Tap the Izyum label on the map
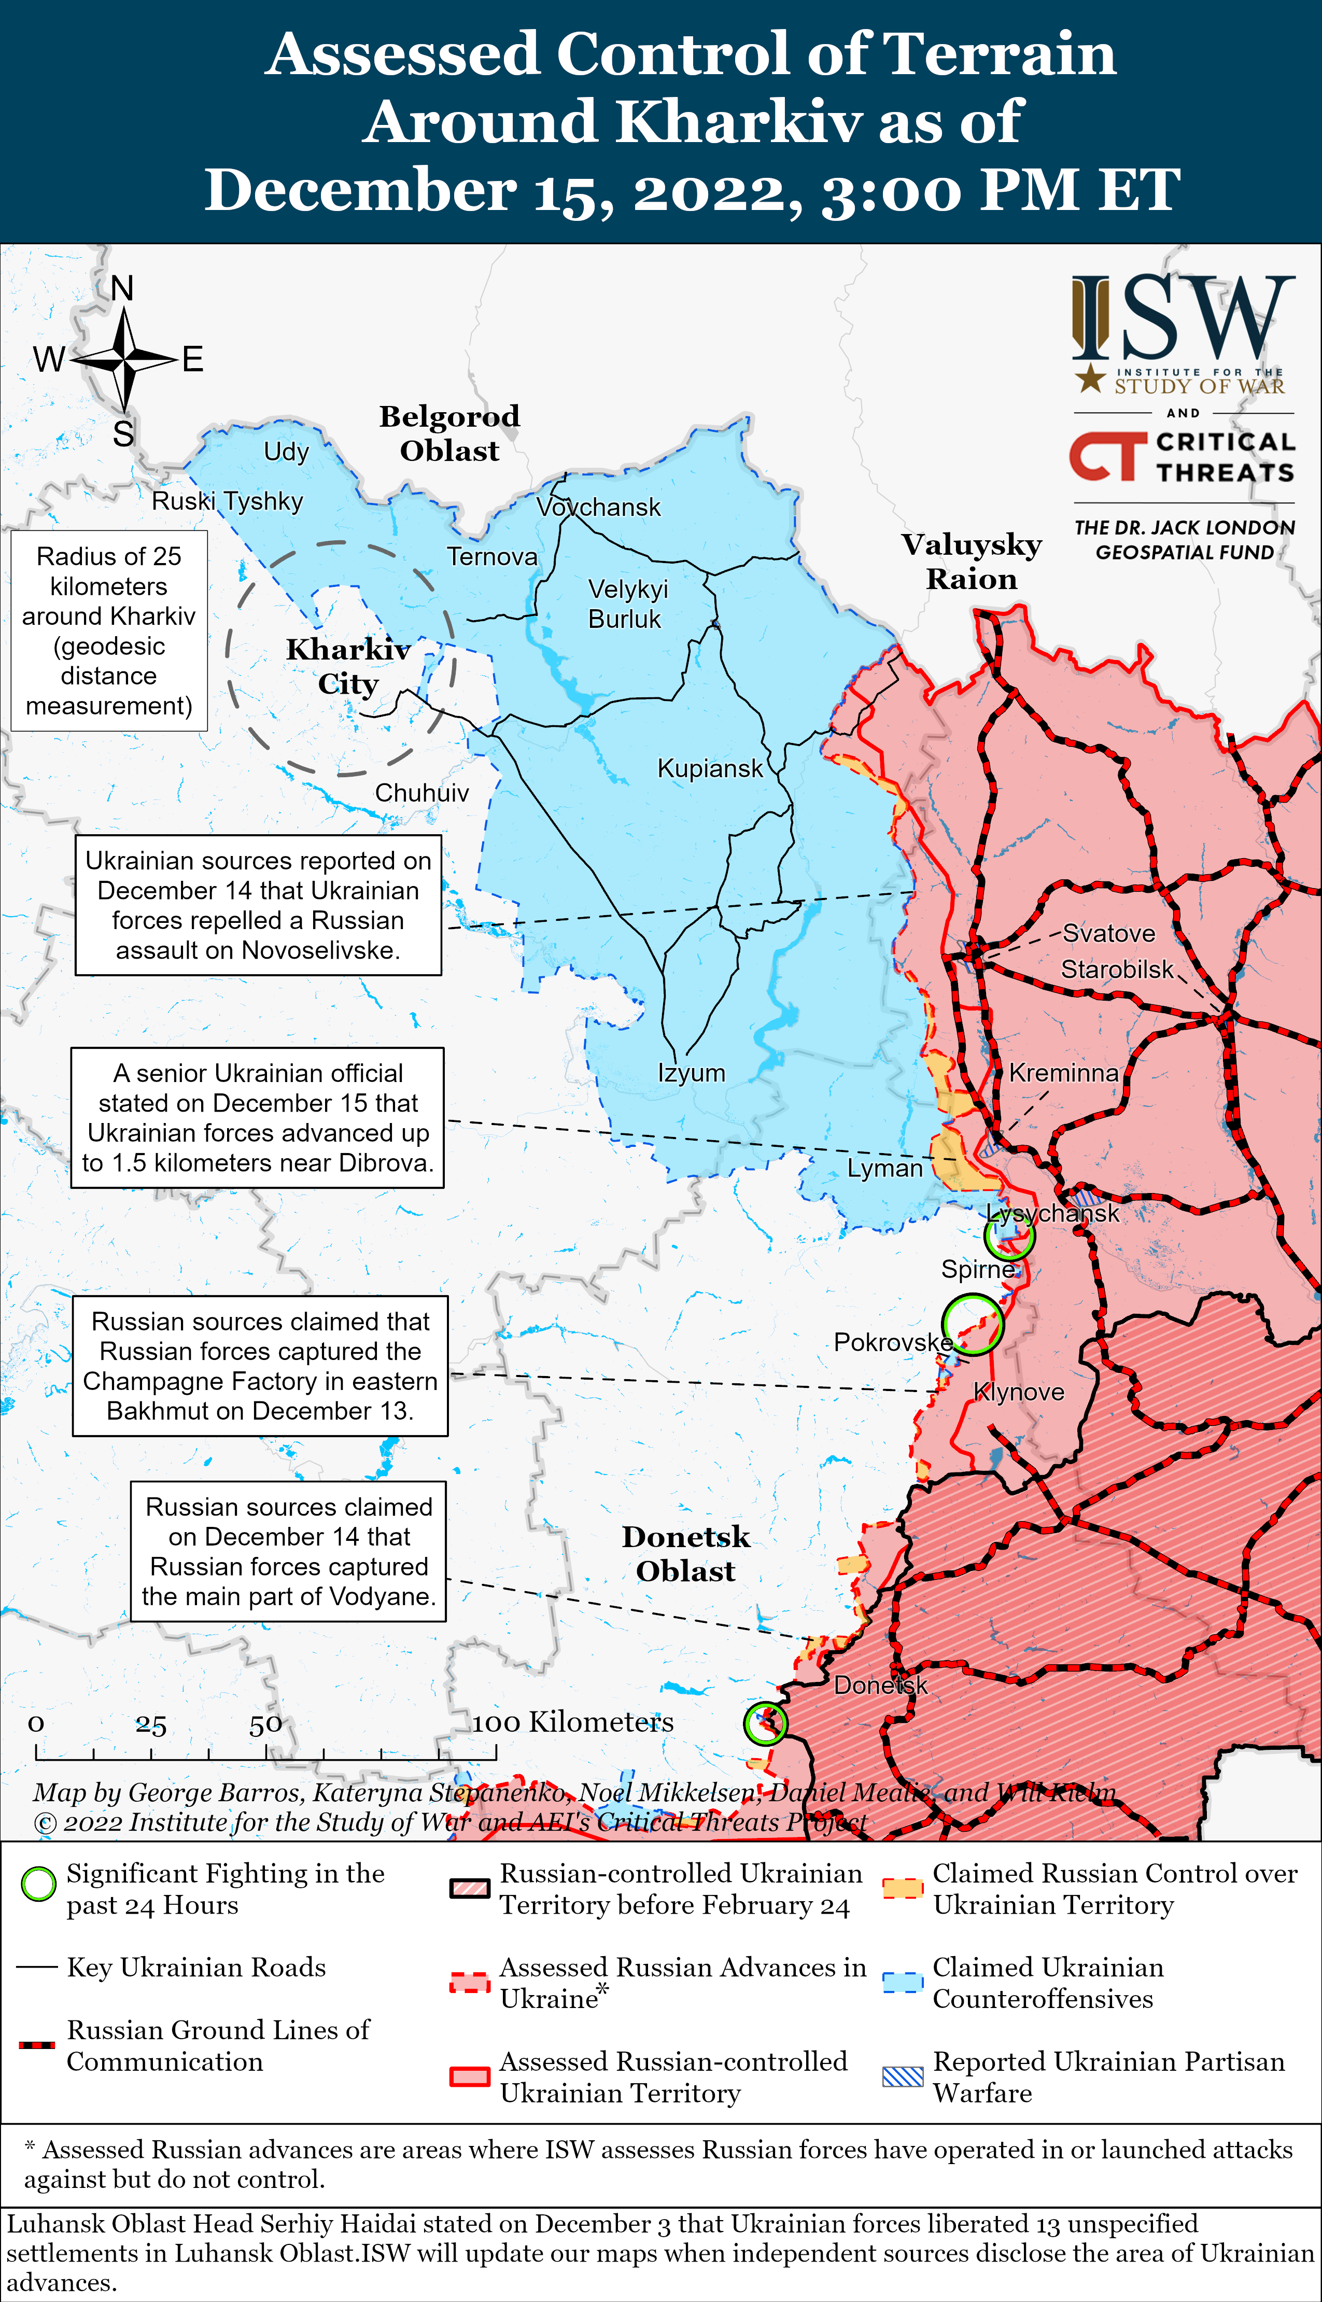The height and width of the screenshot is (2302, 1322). [691, 1073]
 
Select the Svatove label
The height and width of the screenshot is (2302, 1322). [1108, 933]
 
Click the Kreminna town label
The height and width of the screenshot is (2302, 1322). [1063, 1073]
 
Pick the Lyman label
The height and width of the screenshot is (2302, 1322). [884, 1168]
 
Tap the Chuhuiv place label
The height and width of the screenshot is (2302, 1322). [422, 792]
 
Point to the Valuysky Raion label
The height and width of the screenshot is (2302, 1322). [972, 561]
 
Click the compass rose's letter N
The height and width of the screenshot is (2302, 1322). [122, 289]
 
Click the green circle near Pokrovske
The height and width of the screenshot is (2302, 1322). [972, 1324]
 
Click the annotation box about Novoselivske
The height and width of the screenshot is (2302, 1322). [258, 905]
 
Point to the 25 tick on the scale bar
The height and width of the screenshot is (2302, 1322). [151, 1725]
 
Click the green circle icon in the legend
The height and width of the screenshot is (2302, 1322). [38, 1885]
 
